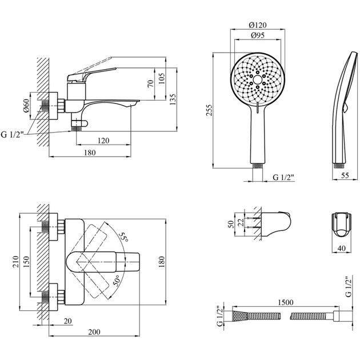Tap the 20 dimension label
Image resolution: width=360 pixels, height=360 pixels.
click(68, 321)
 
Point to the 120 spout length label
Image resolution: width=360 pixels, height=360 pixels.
click(103, 140)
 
